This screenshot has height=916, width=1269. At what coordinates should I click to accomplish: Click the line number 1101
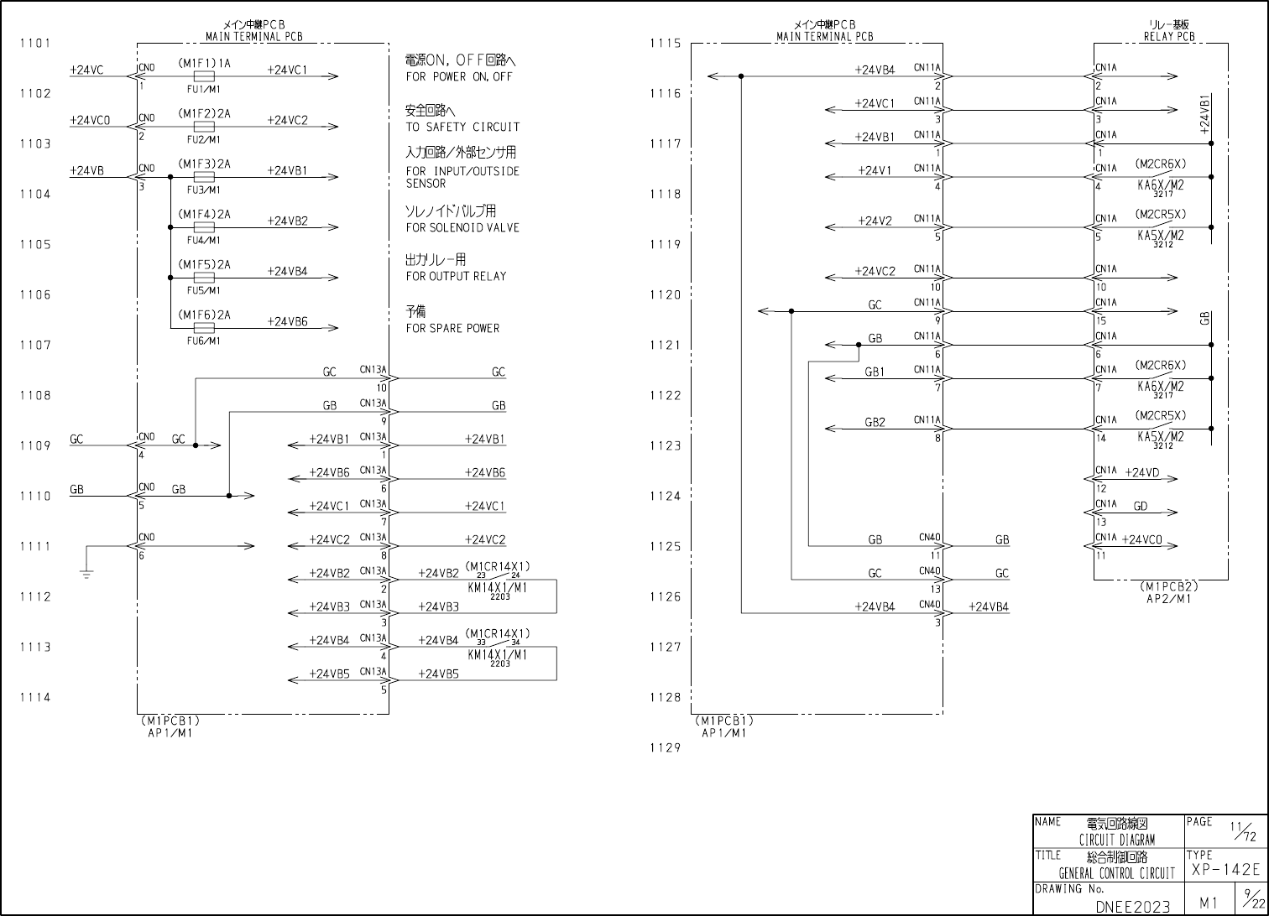pos(35,43)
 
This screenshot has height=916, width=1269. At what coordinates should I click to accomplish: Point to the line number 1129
pos(665,747)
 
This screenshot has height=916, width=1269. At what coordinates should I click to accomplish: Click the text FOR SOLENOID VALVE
pos(462,227)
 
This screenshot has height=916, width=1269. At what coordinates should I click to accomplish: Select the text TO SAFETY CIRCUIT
pos(462,127)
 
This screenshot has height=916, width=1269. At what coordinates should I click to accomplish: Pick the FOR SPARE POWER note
pos(452,328)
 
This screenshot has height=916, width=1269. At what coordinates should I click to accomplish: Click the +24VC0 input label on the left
pos(90,120)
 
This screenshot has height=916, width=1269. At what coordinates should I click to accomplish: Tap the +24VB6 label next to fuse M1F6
pos(287,321)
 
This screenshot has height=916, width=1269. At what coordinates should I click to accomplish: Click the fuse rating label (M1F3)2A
pos(204,164)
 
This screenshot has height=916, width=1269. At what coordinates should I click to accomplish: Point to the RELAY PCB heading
pos(1169,36)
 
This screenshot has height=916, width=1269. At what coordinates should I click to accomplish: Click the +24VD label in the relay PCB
pos(1141,473)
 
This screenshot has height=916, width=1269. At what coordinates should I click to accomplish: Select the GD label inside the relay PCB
pos(1141,507)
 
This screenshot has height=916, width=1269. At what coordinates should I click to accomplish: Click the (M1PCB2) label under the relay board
pos(1168,587)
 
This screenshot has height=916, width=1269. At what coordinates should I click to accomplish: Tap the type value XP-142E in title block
pos(1225,870)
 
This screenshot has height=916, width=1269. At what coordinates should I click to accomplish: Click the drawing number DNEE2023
pos(1132,906)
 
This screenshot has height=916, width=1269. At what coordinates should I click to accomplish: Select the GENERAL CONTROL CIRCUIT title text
pos(1116,873)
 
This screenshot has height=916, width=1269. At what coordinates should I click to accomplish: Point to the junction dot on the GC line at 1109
pos(196,445)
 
